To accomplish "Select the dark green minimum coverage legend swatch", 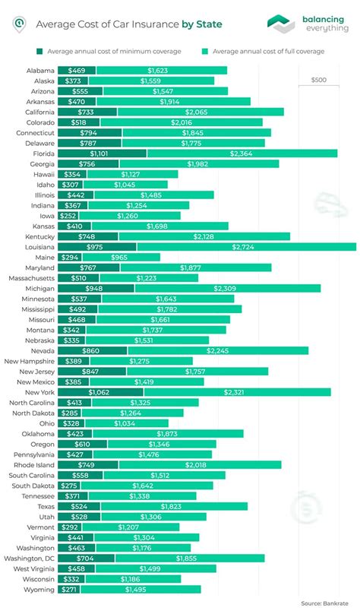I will pyautogui.click(x=39, y=51).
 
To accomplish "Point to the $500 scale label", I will pyautogui.click(x=319, y=80).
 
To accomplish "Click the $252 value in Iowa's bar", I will pyautogui.click(x=69, y=215).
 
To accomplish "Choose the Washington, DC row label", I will pyautogui.click(x=29, y=557).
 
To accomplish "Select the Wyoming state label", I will pyautogui.click(x=37, y=589).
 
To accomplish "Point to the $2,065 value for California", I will pyautogui.click(x=200, y=111).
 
